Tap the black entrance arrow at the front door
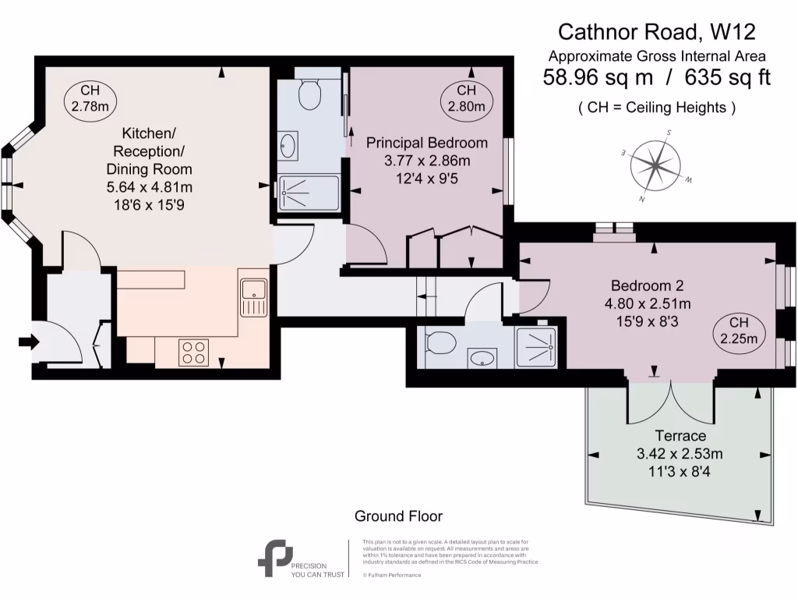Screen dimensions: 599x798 pyautogui.click(x=27, y=341)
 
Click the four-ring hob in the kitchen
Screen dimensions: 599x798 pyautogui.click(x=193, y=353)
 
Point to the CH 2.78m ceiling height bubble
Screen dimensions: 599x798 pyautogui.click(x=90, y=98)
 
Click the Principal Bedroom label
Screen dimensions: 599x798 pyautogui.click(x=427, y=143)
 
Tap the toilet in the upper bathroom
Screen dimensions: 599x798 pyautogui.click(x=309, y=93)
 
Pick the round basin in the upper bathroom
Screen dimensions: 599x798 pyautogui.click(x=288, y=144)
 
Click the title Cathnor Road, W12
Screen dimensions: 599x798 pyautogui.click(x=656, y=32)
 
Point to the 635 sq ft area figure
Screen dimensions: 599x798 pyautogui.click(x=727, y=78)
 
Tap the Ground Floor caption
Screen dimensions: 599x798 pyautogui.click(x=398, y=516)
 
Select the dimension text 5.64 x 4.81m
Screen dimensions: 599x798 pyautogui.click(x=149, y=187)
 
